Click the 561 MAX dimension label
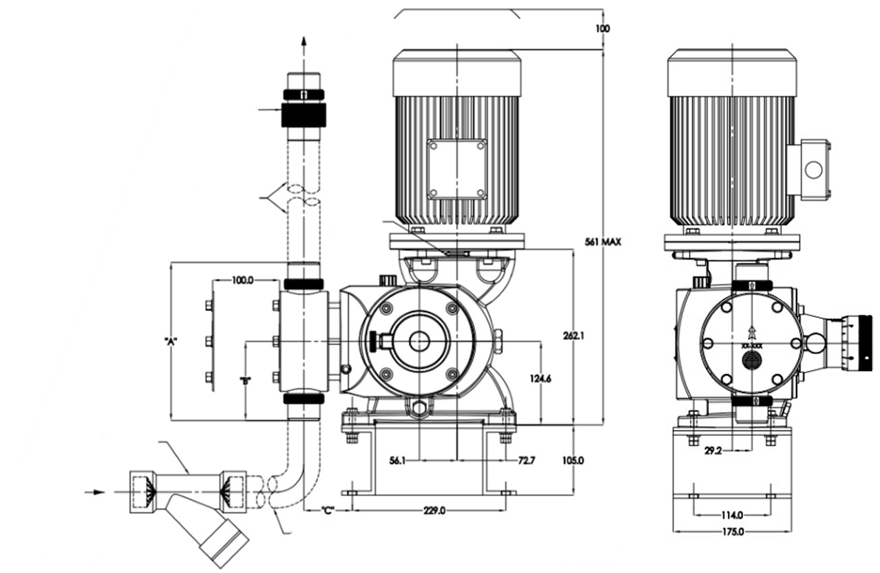(x=603, y=242)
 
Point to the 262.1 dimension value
(x=574, y=336)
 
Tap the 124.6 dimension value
(x=541, y=379)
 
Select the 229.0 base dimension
(x=434, y=511)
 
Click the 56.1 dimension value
(x=397, y=461)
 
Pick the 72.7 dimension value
(x=527, y=461)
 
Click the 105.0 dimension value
(x=573, y=461)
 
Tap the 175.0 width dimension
(x=732, y=532)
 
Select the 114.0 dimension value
(x=732, y=515)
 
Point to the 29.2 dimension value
(x=713, y=450)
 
